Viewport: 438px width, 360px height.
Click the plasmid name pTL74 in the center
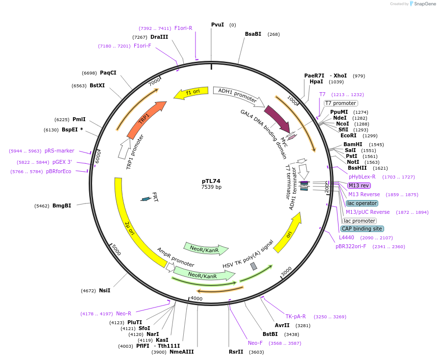coord(211,181)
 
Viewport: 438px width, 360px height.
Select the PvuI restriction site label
coord(218,25)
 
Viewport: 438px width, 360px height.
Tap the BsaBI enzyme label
coord(253,34)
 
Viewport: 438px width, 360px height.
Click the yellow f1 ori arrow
coord(188,93)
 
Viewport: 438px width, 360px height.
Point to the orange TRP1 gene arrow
coord(146,120)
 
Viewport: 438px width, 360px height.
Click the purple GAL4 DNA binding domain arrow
coord(277,118)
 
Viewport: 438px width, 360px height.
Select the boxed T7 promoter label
coord(341,103)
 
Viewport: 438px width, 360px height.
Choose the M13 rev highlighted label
coord(359,185)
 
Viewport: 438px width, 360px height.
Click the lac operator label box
coord(362,203)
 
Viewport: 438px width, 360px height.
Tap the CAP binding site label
coord(362,229)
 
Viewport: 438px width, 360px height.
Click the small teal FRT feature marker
coord(146,199)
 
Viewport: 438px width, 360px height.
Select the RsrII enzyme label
coord(236,352)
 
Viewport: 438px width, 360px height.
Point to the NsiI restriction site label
coord(104,290)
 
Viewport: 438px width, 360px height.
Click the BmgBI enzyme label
coord(62,206)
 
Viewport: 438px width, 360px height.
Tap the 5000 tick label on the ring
coord(116,250)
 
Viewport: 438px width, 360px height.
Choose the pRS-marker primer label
coord(59,151)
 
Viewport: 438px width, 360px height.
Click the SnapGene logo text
coord(424,4)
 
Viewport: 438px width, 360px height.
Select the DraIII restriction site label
coord(159,37)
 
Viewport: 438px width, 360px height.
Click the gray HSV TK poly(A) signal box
coord(253,266)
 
